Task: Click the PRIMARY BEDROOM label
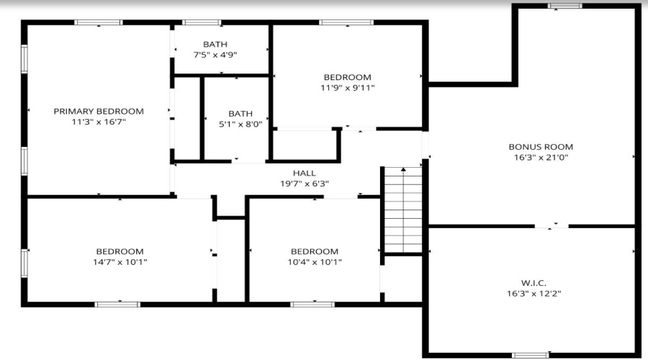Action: [99, 111]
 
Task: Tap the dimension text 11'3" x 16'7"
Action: [99, 122]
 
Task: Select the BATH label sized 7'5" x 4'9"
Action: [215, 44]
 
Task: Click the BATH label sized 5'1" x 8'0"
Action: [240, 113]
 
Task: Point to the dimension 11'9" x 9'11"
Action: [347, 88]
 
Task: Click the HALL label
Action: [304, 173]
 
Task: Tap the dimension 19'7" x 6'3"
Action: [304, 184]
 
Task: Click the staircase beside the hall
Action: [403, 209]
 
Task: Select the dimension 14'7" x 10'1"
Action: [120, 262]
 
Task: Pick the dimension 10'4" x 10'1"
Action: [314, 262]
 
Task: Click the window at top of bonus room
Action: [565, 6]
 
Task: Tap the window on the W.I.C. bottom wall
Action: [530, 355]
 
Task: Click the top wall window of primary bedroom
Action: [99, 22]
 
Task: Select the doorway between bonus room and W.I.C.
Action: [552, 227]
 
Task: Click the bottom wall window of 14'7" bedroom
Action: [118, 305]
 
